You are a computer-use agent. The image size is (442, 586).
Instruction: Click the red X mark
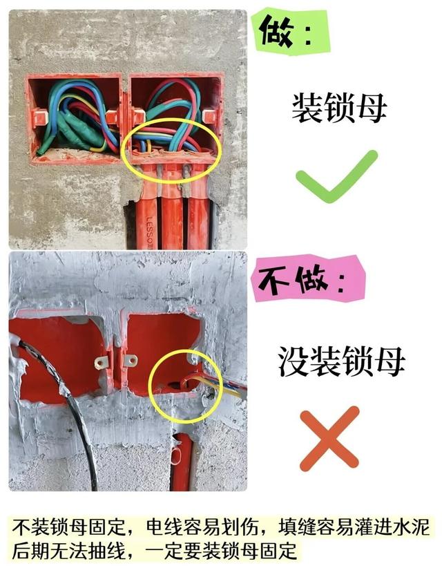click(x=329, y=439)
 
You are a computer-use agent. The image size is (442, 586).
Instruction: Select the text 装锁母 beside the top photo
click(x=338, y=108)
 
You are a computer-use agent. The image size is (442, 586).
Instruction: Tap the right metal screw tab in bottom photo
click(x=130, y=361)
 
